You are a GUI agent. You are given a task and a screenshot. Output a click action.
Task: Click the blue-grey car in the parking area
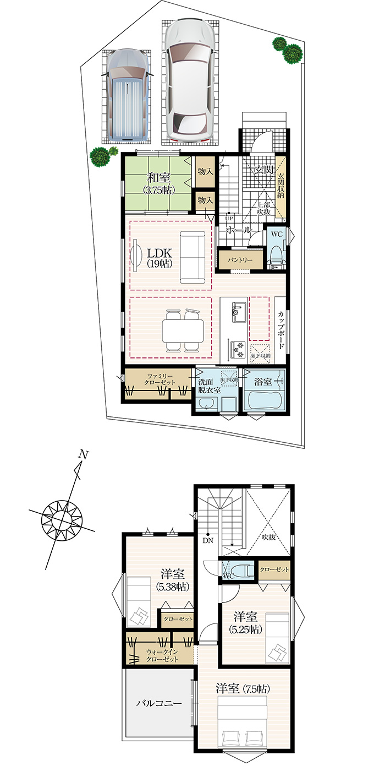(x=128, y=94)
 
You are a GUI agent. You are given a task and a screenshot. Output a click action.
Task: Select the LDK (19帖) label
(x=159, y=258)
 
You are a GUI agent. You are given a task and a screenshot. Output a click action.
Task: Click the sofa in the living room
(x=193, y=257)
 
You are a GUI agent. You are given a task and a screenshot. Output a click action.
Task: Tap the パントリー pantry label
(x=239, y=260)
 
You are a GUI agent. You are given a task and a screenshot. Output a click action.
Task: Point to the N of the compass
(x=83, y=454)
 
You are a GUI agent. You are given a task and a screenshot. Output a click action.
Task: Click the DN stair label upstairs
(x=208, y=540)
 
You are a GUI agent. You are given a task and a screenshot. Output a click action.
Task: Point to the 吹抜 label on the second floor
(x=268, y=537)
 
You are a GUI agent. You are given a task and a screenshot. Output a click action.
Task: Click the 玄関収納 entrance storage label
(x=281, y=186)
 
